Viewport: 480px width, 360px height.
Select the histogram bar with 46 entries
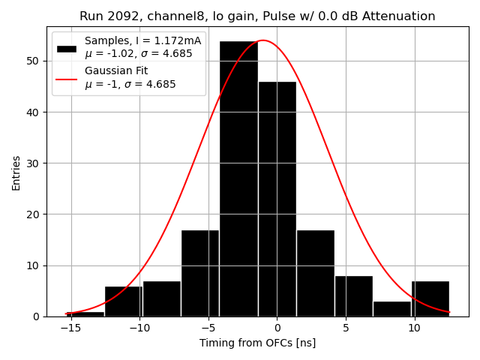coord(277,199)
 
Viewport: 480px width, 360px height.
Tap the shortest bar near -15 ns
coord(85,313)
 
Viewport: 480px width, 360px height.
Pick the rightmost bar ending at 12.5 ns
coord(430,298)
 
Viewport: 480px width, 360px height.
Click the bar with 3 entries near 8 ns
coord(391,308)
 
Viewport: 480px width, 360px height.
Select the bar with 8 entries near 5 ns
coord(353,296)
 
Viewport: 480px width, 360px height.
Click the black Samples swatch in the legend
coord(66,47)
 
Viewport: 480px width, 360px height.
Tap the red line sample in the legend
coord(66,78)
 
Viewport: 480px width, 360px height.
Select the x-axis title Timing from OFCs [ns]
coord(257,343)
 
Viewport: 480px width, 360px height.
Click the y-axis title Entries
coord(16,172)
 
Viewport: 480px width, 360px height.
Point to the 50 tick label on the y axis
coord(32,61)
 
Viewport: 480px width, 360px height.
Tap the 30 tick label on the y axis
coord(32,163)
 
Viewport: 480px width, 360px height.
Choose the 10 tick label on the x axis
coord(414,328)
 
